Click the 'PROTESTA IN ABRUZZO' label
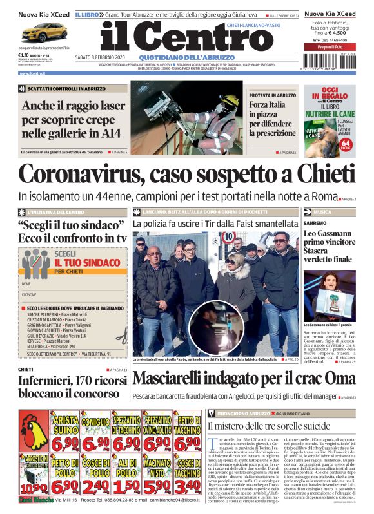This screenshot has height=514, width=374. (x=273, y=95)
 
